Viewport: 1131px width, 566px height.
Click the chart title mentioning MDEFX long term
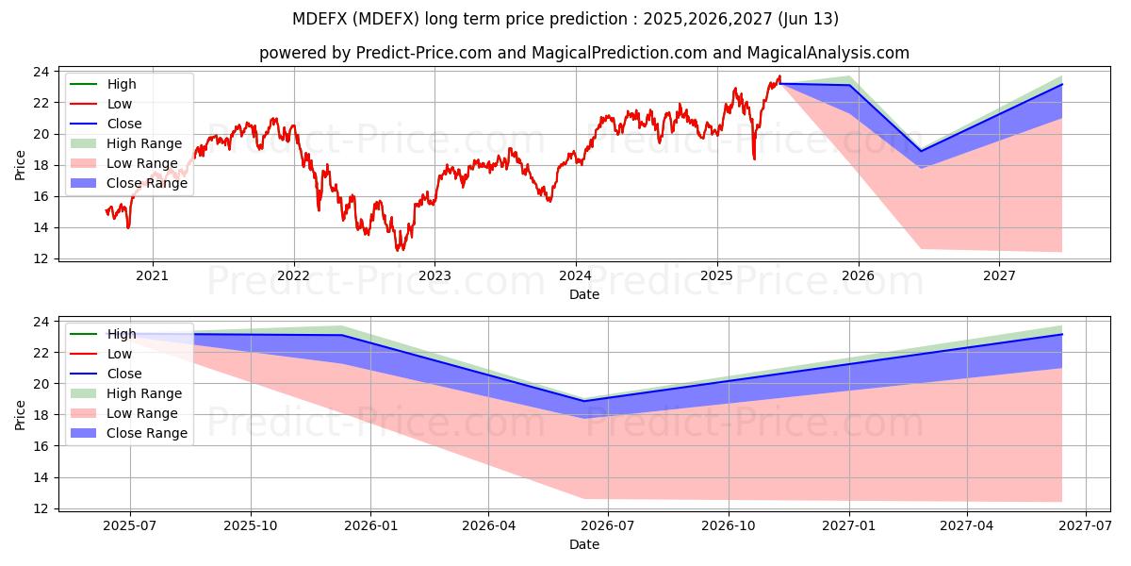coord(565,19)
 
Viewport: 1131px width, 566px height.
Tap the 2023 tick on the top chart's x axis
coord(434,276)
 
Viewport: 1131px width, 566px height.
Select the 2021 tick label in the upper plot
coord(153,276)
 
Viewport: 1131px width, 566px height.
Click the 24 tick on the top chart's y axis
coord(41,72)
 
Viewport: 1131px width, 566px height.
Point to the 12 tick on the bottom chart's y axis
coord(41,509)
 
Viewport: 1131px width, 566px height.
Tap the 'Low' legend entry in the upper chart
coord(120,104)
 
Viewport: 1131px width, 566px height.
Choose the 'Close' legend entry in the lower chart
coord(124,374)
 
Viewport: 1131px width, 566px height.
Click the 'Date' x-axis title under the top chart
coord(584,294)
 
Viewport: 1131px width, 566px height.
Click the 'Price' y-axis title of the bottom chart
coord(21,413)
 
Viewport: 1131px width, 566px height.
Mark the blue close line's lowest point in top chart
coord(921,151)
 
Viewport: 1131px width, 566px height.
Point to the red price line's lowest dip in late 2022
coord(399,249)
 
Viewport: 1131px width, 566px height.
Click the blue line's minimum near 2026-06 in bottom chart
coord(583,401)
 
